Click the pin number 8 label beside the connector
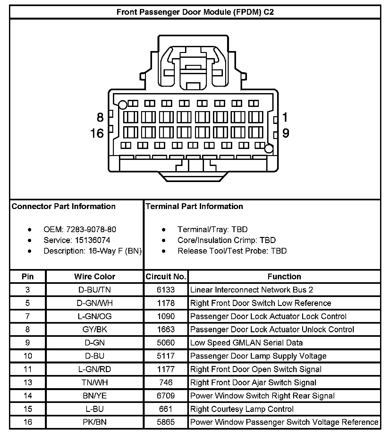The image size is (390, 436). [100, 118]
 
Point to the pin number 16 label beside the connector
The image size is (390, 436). [97, 133]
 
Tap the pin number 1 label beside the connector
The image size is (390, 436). [285, 118]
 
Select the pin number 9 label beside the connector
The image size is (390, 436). [285, 133]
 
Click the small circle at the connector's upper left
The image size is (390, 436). [123, 105]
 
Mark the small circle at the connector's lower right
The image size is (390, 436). [269, 149]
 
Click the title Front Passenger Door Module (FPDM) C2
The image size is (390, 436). [195, 12]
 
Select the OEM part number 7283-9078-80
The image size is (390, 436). [91, 230]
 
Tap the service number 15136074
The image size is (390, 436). [93, 240]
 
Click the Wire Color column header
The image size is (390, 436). [95, 276]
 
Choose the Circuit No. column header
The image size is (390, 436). [166, 276]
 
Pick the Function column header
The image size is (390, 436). [284, 276]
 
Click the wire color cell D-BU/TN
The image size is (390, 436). [95, 290]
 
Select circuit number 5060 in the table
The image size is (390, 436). [166, 343]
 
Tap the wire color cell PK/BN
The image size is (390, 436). [95, 422]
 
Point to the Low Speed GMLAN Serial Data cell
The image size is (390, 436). [246, 343]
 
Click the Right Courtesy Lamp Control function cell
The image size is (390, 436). [242, 409]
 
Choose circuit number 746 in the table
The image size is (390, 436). [166, 382]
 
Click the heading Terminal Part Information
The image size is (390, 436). [194, 206]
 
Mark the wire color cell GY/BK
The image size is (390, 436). [95, 329]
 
